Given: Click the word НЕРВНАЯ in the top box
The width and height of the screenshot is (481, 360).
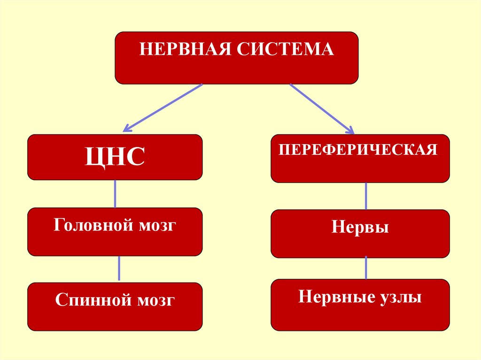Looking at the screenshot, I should (x=185, y=49).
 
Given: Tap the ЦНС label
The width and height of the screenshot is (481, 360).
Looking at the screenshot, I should (x=115, y=157).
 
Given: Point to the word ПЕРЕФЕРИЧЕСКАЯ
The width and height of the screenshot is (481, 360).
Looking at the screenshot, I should (x=358, y=150).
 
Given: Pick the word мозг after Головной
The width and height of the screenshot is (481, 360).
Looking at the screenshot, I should (x=157, y=226).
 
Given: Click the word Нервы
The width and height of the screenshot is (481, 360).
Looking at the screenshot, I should (x=360, y=228).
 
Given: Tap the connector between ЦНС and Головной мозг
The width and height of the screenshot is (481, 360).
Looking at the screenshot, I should (x=116, y=194).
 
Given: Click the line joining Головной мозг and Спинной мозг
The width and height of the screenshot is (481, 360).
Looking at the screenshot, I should (x=119, y=268).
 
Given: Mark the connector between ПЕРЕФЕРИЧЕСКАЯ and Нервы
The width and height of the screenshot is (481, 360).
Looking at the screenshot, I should (x=366, y=196).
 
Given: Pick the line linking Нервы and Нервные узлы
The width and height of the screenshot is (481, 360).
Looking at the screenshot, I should (x=366, y=268).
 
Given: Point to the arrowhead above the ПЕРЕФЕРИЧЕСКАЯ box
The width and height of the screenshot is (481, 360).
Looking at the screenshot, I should (x=349, y=129).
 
